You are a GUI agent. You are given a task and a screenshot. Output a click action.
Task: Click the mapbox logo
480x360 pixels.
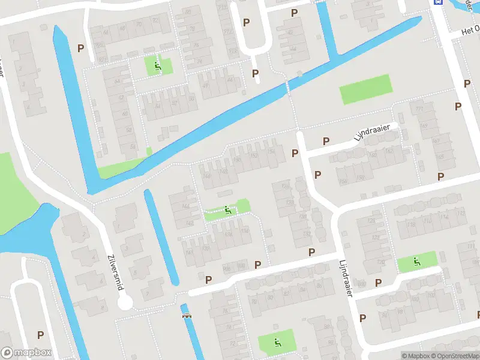pos(26,353)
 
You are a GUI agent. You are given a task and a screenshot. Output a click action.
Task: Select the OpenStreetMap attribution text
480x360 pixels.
pos(454,356)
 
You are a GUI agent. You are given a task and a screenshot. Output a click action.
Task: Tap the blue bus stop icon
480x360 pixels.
pos(438,2)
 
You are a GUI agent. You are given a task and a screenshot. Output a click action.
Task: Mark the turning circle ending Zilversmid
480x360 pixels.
pos(125,303)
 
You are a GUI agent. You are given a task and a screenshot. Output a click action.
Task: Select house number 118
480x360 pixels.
pos(244,230)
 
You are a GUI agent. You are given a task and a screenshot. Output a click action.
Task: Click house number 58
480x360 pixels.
pos(133,146)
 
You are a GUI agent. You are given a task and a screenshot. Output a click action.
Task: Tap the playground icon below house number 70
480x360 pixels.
pos(158,66)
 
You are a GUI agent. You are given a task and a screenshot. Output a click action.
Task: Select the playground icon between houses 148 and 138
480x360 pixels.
pos(227,210)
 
